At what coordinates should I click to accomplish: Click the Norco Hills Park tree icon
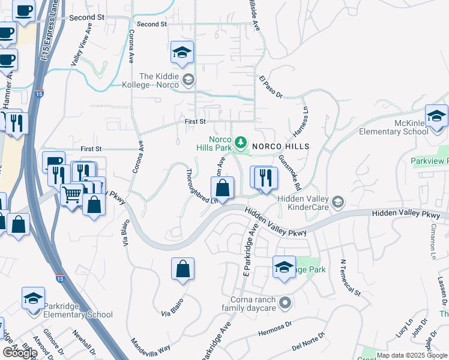[241, 142]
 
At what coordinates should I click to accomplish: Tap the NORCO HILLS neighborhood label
[280, 146]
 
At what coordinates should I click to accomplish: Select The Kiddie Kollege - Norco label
[160, 80]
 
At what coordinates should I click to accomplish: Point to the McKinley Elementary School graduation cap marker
[436, 116]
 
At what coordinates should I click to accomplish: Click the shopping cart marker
[71, 194]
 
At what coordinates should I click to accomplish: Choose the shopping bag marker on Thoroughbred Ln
[223, 188]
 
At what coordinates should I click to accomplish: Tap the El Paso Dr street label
[271, 86]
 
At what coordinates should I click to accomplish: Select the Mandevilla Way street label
[151, 347]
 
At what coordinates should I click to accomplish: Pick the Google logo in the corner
[19, 352]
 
